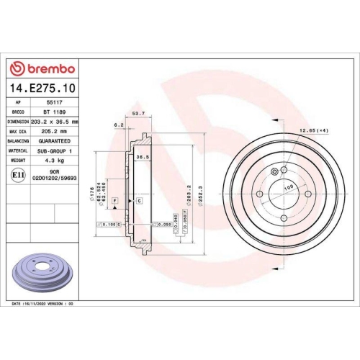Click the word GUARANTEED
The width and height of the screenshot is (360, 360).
(x=55, y=142)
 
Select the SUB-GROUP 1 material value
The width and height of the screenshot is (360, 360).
(x=55, y=151)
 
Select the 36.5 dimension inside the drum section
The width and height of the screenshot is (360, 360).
(x=143, y=157)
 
